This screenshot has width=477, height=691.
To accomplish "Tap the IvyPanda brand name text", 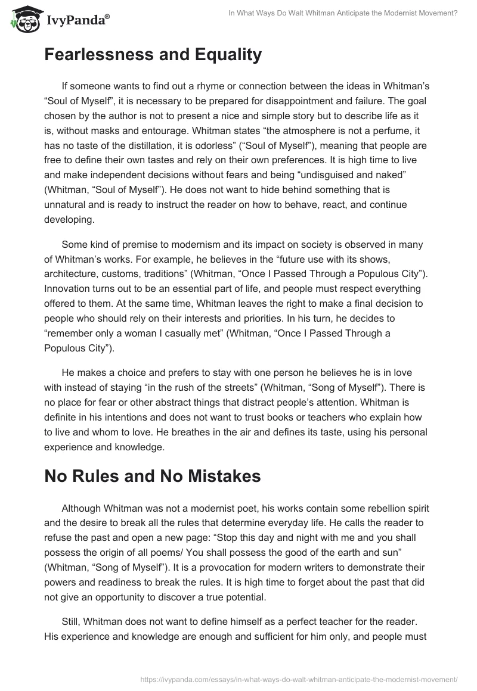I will (76, 21).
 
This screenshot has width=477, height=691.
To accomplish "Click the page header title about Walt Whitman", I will (343, 14).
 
